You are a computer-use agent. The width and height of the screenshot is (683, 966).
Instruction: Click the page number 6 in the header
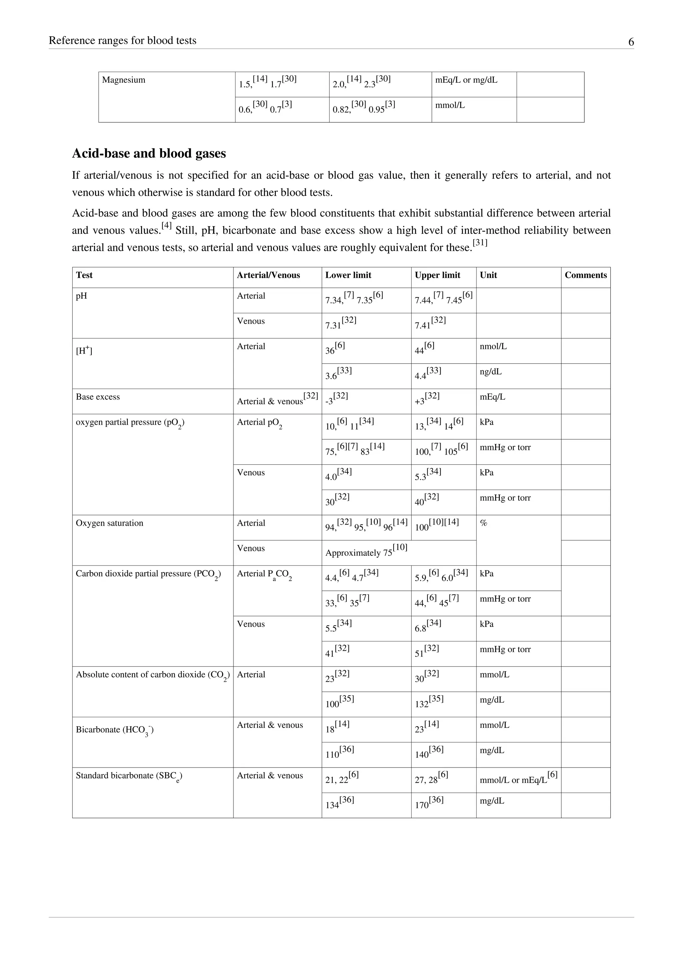coord(631,42)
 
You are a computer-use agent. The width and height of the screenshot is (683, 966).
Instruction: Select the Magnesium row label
coord(124,80)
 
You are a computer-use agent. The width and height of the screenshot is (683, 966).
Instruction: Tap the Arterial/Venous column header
coord(268,275)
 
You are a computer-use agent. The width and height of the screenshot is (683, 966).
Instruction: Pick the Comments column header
coord(585,275)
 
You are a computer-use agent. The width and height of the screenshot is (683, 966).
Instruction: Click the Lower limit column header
coord(348,275)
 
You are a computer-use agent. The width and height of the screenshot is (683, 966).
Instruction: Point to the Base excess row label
coord(98,397)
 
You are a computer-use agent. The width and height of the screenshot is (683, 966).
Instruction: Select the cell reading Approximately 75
coord(366,552)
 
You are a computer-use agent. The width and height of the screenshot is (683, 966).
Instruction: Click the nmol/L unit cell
coord(493,346)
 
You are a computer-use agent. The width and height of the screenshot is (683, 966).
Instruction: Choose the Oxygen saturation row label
coord(109,523)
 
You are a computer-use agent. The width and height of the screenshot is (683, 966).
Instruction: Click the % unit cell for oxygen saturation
coord(484,523)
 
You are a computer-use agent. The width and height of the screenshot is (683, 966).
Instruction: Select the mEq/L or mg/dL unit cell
coord(466,80)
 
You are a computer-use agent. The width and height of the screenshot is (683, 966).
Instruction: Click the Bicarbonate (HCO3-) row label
coord(114,730)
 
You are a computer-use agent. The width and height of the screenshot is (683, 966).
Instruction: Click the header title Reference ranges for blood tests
coord(122,40)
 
